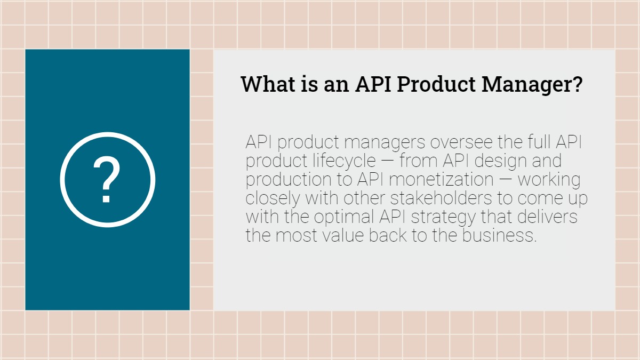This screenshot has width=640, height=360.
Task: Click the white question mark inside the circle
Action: pyautogui.click(x=107, y=180)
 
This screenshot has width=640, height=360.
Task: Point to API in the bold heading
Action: pyautogui.click(x=374, y=84)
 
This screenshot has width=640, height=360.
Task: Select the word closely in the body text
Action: pyautogui.click(x=273, y=198)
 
